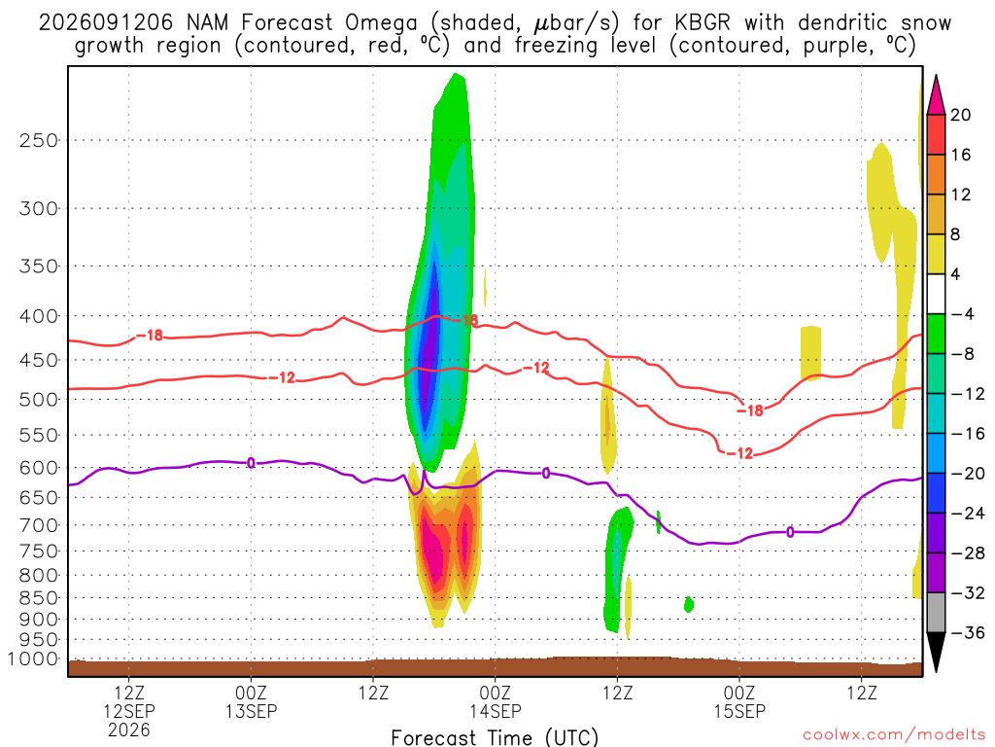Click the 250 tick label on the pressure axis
(x=39, y=140)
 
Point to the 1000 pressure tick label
(x=33, y=659)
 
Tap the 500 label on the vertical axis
(x=39, y=400)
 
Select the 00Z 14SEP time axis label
(x=496, y=701)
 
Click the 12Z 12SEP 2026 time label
(x=129, y=711)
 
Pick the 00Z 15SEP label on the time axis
(x=739, y=701)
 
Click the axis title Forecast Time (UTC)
(x=495, y=737)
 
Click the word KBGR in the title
(x=702, y=23)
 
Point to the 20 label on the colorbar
(x=961, y=115)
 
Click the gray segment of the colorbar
(x=936, y=613)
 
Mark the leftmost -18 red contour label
(x=150, y=336)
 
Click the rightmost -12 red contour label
(x=739, y=453)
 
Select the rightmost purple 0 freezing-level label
(x=790, y=532)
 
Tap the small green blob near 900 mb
(x=689, y=604)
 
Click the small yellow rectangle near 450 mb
(x=811, y=353)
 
